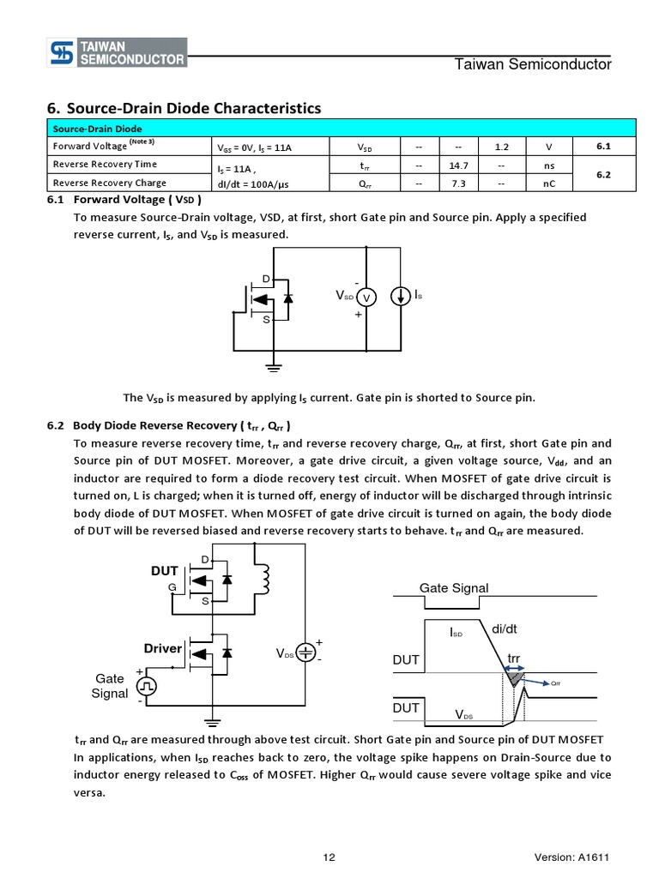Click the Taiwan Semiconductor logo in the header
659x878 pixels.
pyautogui.click(x=116, y=53)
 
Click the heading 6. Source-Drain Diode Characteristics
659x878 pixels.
pyautogui.click(x=184, y=108)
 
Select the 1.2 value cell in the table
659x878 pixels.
pyautogui.click(x=502, y=146)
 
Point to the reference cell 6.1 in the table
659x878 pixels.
pyautogui.click(x=602, y=146)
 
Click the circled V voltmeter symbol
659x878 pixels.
pyautogui.click(x=366, y=297)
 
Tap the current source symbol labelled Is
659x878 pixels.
pyautogui.click(x=400, y=297)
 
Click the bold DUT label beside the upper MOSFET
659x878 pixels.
pyautogui.click(x=165, y=570)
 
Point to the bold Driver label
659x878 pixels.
pyautogui.click(x=162, y=648)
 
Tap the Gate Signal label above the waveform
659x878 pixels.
pyautogui.click(x=453, y=587)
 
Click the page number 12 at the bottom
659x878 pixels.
pyautogui.click(x=329, y=857)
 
